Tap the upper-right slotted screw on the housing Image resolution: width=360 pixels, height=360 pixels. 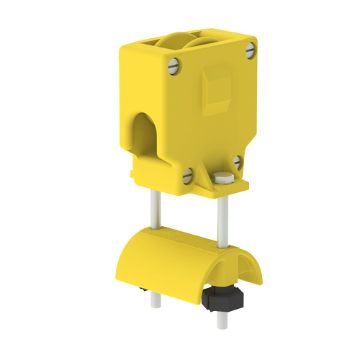(x=250, y=49)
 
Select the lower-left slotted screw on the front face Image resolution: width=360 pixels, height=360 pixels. (x=186, y=174)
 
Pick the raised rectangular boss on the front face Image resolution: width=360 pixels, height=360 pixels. (x=216, y=89)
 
